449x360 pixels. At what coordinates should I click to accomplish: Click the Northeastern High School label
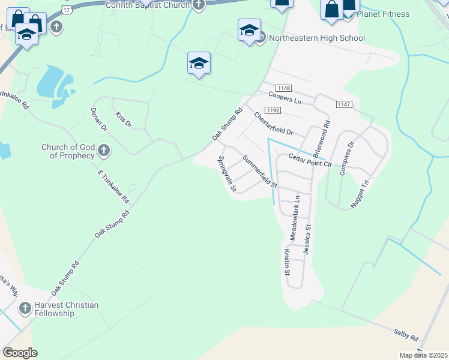316,38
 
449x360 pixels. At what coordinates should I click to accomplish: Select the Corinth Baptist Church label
148,5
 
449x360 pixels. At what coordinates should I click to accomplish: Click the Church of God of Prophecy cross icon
104,150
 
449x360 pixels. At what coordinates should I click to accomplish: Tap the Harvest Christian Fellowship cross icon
25,309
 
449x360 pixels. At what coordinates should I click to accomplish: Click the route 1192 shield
273,110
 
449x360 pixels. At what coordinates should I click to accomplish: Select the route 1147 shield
344,104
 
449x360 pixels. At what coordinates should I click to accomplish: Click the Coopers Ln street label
285,98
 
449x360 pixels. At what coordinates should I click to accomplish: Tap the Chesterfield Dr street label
273,123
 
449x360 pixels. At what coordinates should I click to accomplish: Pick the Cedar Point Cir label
310,160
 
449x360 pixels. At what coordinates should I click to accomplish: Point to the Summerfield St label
259,172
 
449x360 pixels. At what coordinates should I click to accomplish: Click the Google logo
20,353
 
